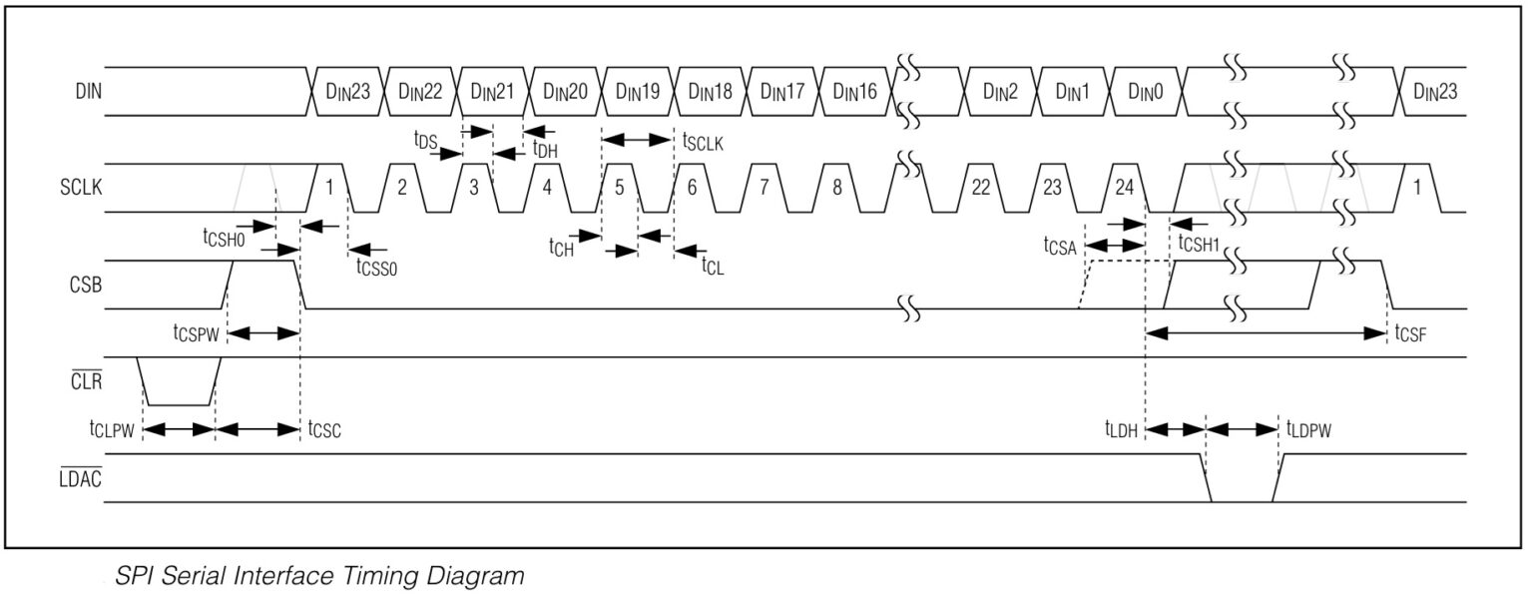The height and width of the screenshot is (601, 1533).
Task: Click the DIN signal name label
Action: tap(88, 91)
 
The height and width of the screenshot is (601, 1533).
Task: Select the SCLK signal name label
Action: tap(81, 187)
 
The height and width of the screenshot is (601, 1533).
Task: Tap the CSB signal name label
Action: tap(86, 285)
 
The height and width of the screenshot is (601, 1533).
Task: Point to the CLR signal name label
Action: tap(86, 380)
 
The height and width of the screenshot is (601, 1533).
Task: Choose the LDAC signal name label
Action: tap(80, 478)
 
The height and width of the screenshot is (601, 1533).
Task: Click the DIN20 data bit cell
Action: tap(565, 91)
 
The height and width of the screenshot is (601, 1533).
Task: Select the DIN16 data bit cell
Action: tap(854, 91)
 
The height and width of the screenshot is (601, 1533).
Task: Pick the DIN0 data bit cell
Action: tap(1146, 91)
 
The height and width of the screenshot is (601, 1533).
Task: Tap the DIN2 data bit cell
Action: tap(1000, 91)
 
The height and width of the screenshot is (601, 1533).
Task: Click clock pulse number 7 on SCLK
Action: tap(765, 187)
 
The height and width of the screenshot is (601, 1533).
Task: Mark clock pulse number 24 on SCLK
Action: tap(1125, 187)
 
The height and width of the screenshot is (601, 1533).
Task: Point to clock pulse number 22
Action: tap(981, 187)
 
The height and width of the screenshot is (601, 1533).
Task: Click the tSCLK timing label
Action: tap(703, 142)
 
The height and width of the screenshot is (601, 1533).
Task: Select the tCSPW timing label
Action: tap(196, 333)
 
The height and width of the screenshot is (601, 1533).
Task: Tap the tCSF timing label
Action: tap(1410, 333)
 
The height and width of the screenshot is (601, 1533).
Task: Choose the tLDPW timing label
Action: tap(1308, 430)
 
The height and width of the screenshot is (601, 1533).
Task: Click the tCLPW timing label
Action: tap(112, 430)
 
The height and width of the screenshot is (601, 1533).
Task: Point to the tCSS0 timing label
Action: tap(376, 267)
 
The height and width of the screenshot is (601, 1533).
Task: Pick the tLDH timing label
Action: tap(1121, 430)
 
